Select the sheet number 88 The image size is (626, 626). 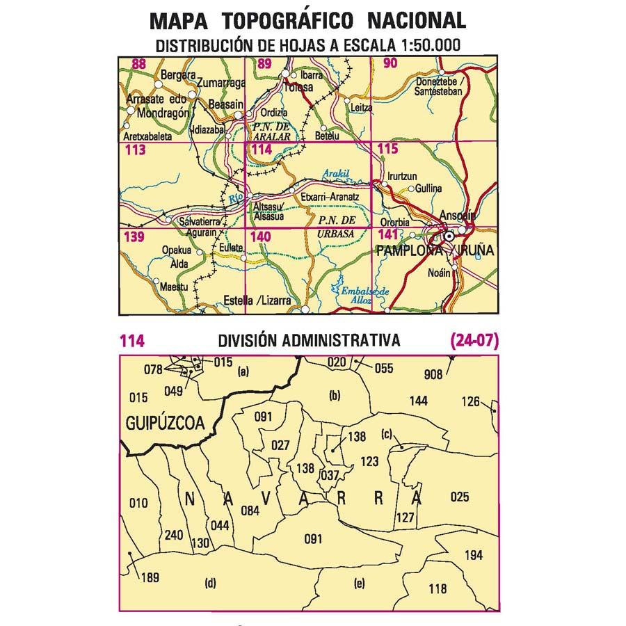[x=138, y=65]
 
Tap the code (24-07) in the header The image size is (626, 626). [x=474, y=341]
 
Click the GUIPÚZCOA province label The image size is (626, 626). [x=165, y=422]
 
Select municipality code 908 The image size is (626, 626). [x=433, y=375]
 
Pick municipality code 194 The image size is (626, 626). [x=473, y=554]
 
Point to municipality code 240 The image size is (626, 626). [x=173, y=535]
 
